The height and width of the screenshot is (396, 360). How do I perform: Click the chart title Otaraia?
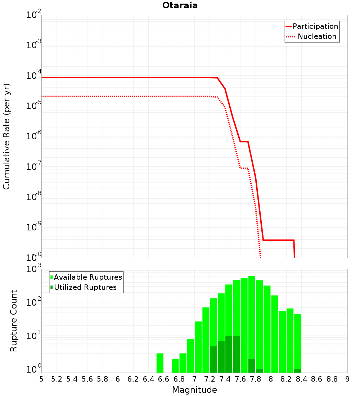click(x=180, y=5)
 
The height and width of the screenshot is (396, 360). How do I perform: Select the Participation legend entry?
click(x=312, y=26)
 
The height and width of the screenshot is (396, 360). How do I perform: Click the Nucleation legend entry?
click(x=312, y=36)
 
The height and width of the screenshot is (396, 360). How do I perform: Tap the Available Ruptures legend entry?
click(x=86, y=277)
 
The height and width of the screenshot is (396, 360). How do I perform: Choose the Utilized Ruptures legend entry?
click(x=84, y=287)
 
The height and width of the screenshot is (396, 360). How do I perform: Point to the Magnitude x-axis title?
click(x=194, y=390)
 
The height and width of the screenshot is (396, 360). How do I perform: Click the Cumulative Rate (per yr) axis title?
click(x=6, y=136)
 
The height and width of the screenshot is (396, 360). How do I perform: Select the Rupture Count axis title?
click(x=13, y=321)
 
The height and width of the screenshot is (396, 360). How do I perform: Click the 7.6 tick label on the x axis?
click(x=240, y=379)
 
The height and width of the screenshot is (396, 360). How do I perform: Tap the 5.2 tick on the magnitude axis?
click(x=57, y=379)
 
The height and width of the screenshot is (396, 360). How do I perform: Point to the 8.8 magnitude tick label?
click(x=332, y=379)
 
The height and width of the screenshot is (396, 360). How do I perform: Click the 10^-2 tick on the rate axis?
click(x=34, y=14)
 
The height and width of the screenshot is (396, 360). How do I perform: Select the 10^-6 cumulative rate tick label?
click(x=34, y=135)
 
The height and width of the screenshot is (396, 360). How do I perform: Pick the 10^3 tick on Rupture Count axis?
click(x=34, y=268)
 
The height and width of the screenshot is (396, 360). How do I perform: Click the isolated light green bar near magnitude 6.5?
click(x=160, y=363)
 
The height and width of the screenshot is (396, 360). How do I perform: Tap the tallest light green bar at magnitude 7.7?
click(x=252, y=324)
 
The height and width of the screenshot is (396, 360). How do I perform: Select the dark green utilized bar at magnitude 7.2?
click(x=213, y=359)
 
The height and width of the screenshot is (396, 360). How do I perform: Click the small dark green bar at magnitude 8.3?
click(x=298, y=371)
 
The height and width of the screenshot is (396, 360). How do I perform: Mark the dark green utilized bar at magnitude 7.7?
click(x=252, y=366)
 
